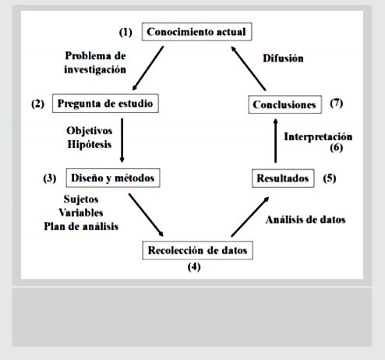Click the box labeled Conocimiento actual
(196, 32)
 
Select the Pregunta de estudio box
(105, 104)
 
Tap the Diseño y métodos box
(113, 178)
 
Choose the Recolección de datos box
(198, 250)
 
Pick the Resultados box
(283, 178)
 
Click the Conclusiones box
(285, 104)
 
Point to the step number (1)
(125, 32)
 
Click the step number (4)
(194, 266)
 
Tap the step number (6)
(337, 147)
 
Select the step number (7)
(337, 104)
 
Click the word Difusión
(283, 58)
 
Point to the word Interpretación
(318, 137)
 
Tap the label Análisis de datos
(306, 220)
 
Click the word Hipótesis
(90, 144)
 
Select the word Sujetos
(81, 199)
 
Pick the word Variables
(81, 213)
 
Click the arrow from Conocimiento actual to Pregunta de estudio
(148, 69)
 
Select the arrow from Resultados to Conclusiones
(276, 141)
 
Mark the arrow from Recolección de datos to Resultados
(250, 217)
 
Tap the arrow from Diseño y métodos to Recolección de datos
(146, 215)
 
